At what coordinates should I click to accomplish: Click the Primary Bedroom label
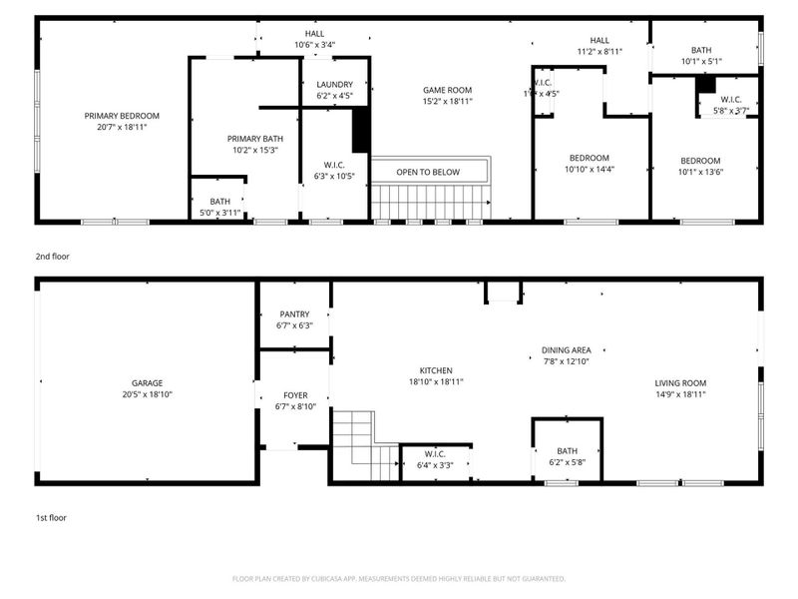pos(122,116)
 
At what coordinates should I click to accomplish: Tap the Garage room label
pos(147,382)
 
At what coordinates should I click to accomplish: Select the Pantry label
pos(294,314)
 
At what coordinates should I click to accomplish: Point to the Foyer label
pos(294,394)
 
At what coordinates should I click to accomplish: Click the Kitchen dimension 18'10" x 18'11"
pos(436,381)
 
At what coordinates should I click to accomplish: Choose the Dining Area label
pos(566,350)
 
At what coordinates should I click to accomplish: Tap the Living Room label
pos(680,382)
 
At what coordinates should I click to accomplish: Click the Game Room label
pos(447,90)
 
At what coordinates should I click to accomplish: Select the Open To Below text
pos(428,172)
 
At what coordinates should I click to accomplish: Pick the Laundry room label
pos(334,85)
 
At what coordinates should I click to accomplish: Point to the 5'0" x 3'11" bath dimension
pos(219,213)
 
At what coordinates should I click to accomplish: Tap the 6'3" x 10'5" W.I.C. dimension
pos(334,177)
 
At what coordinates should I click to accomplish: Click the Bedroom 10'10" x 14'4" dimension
pos(590,170)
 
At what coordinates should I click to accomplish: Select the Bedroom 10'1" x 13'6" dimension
pos(701,172)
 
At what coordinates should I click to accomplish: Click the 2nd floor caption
pos(54,257)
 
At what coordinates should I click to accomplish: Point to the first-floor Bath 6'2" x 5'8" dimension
pos(567,462)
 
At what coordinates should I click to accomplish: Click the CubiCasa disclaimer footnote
pos(399,578)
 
